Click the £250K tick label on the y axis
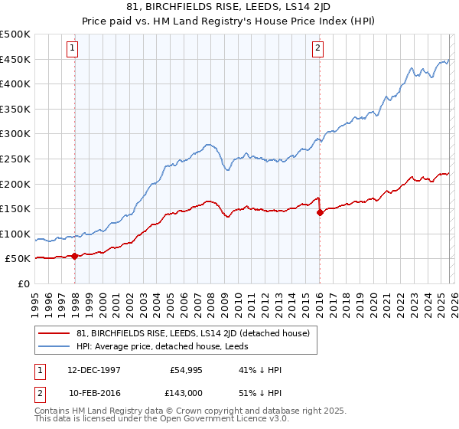click(x=15, y=159)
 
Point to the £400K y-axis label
click(x=15, y=84)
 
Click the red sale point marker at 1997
click(x=75, y=257)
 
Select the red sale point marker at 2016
click(x=320, y=212)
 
